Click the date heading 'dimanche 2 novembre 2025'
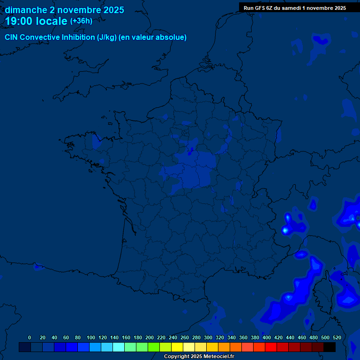65,10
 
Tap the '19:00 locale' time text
36,21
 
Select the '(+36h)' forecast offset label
81,21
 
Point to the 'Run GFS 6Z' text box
294,8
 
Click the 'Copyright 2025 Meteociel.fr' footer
199,356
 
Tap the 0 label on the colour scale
30,337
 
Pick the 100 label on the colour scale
91,337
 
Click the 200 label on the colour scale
150,337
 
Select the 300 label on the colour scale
208,337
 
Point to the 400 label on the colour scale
267,337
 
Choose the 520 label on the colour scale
337,337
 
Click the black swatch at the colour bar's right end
330,347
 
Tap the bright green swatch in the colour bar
154,347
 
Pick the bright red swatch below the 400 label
271,347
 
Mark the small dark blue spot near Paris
190,151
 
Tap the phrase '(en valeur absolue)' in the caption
154,37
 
